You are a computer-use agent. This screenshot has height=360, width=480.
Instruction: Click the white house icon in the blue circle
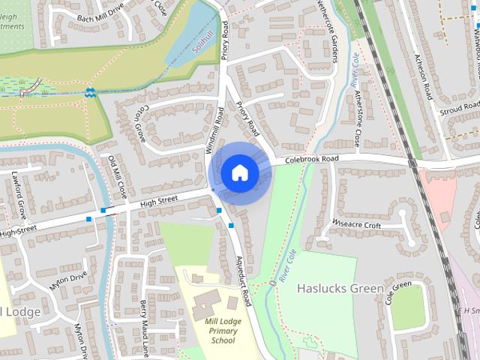click(x=240, y=172)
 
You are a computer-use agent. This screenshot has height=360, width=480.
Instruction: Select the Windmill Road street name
click(x=216, y=132)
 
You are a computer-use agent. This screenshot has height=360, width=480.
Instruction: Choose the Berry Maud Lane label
click(x=142, y=326)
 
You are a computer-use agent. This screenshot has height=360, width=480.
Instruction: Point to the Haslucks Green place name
click(x=340, y=288)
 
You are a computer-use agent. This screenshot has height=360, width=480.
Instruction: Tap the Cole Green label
click(x=399, y=293)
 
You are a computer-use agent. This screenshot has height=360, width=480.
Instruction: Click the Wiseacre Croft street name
click(x=356, y=223)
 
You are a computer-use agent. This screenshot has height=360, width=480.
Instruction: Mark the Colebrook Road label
click(x=311, y=159)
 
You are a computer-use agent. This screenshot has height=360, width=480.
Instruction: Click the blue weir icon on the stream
click(x=89, y=92)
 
